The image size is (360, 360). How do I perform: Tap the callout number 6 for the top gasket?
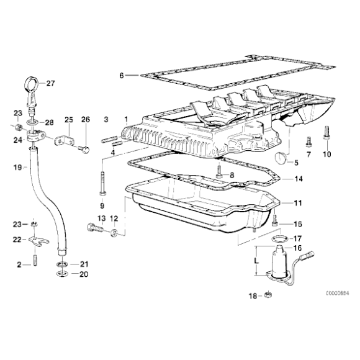(122, 75)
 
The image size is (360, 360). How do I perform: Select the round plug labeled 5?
(280, 158)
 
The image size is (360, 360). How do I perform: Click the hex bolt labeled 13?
(95, 228)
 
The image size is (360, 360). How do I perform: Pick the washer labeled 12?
(114, 233)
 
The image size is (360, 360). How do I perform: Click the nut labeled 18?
(268, 294)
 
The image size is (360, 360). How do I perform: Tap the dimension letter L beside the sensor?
(257, 261)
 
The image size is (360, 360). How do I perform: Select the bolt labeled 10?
(326, 132)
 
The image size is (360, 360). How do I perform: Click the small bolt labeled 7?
(308, 142)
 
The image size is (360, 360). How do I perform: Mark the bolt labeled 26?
(84, 150)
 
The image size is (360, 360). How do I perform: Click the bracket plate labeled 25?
(65, 141)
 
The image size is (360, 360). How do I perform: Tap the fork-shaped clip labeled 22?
(39, 241)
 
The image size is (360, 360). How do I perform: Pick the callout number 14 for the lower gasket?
(299, 178)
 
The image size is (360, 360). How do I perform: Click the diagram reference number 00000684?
(337, 293)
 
